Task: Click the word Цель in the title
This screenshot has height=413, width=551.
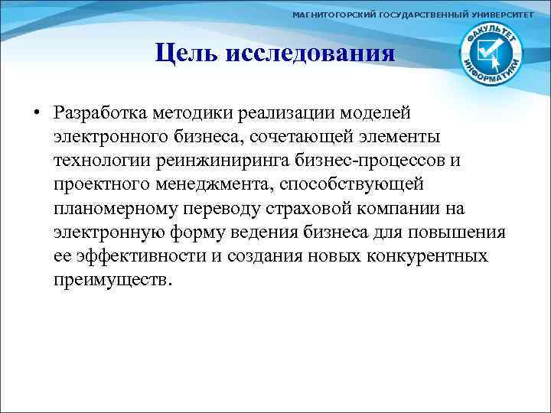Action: click(x=184, y=54)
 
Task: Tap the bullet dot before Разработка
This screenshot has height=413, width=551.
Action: click(x=36, y=112)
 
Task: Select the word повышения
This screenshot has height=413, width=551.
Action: click(x=471, y=233)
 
